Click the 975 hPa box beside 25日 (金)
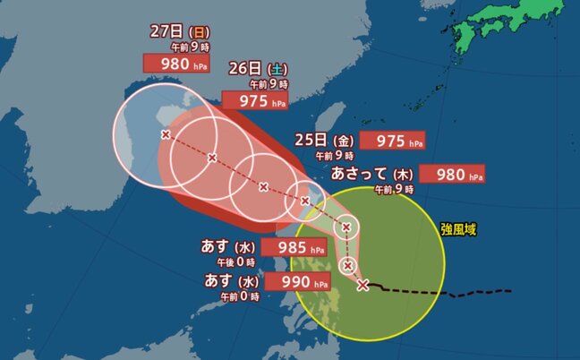click(389, 141)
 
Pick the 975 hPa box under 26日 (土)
click(254, 100)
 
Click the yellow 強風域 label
click(458, 230)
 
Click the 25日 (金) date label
click(325, 141)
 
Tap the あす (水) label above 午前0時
click(231, 283)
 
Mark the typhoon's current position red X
click(362, 286)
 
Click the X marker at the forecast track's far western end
click(166, 134)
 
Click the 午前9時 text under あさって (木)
click(394, 189)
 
